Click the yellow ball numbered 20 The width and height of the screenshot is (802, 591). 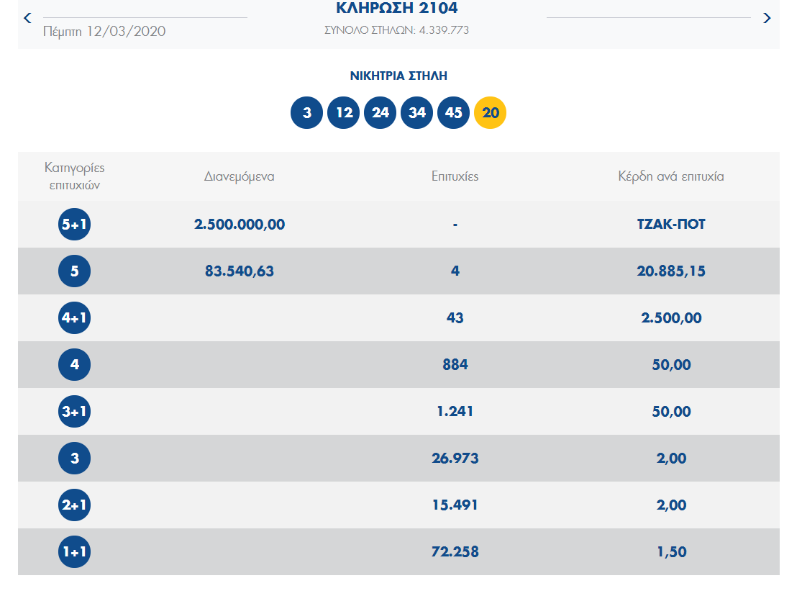[x=490, y=113]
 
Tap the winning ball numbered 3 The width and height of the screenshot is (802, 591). [x=307, y=113]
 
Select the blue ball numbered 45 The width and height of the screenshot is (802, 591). [x=453, y=113]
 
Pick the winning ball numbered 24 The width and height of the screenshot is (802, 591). [x=381, y=113]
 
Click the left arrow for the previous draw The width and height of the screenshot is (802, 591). [x=27, y=17]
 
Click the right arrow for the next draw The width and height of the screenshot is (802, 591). [x=767, y=18]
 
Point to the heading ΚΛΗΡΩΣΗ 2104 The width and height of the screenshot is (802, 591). [x=396, y=9]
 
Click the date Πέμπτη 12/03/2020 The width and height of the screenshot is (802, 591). [x=104, y=32]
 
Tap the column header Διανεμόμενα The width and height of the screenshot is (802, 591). [x=240, y=176]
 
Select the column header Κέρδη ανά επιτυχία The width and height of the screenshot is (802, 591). [x=670, y=176]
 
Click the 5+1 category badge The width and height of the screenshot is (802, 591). [x=75, y=225]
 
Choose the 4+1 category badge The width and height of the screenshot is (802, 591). [x=75, y=318]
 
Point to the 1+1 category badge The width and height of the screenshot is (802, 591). [x=75, y=552]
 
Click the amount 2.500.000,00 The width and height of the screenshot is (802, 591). [x=240, y=225]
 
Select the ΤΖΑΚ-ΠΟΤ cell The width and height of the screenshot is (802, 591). [x=670, y=225]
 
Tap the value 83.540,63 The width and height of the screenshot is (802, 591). [x=240, y=271]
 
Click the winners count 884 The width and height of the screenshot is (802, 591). [x=455, y=365]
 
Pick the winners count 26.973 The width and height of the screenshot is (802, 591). [x=455, y=459]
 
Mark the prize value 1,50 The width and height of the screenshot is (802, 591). [x=671, y=552]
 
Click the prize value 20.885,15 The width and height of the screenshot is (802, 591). [x=670, y=271]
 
